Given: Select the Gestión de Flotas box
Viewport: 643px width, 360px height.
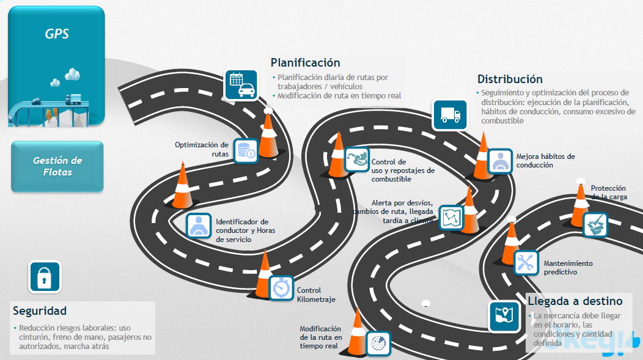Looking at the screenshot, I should click(57, 166).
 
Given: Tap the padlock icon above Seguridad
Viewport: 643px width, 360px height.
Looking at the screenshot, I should click(44, 277).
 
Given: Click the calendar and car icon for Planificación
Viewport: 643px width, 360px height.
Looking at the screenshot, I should click(241, 85).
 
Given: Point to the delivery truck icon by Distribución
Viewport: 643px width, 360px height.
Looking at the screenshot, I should click(450, 115).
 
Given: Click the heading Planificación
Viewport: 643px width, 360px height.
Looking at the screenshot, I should click(305, 63).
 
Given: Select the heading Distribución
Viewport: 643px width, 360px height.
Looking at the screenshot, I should click(510, 79).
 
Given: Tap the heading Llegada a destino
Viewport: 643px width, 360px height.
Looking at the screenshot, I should click(575, 301).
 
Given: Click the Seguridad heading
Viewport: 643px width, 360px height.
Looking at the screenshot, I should click(40, 311).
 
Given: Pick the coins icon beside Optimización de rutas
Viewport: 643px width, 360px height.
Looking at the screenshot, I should click(246, 151).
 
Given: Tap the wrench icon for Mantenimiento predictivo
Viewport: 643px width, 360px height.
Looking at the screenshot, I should click(526, 262).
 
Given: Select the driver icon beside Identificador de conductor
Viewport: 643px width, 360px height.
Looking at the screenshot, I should click(198, 226).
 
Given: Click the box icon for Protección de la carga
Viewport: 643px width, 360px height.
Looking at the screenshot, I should click(595, 225).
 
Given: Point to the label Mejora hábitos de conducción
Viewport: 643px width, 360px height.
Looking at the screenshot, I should click(545, 161).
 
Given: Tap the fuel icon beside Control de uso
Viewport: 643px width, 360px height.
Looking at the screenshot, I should click(357, 160).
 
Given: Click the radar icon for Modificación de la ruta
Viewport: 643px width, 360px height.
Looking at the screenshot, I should click(378, 343).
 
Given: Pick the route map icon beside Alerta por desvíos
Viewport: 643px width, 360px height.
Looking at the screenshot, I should click(452, 217).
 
